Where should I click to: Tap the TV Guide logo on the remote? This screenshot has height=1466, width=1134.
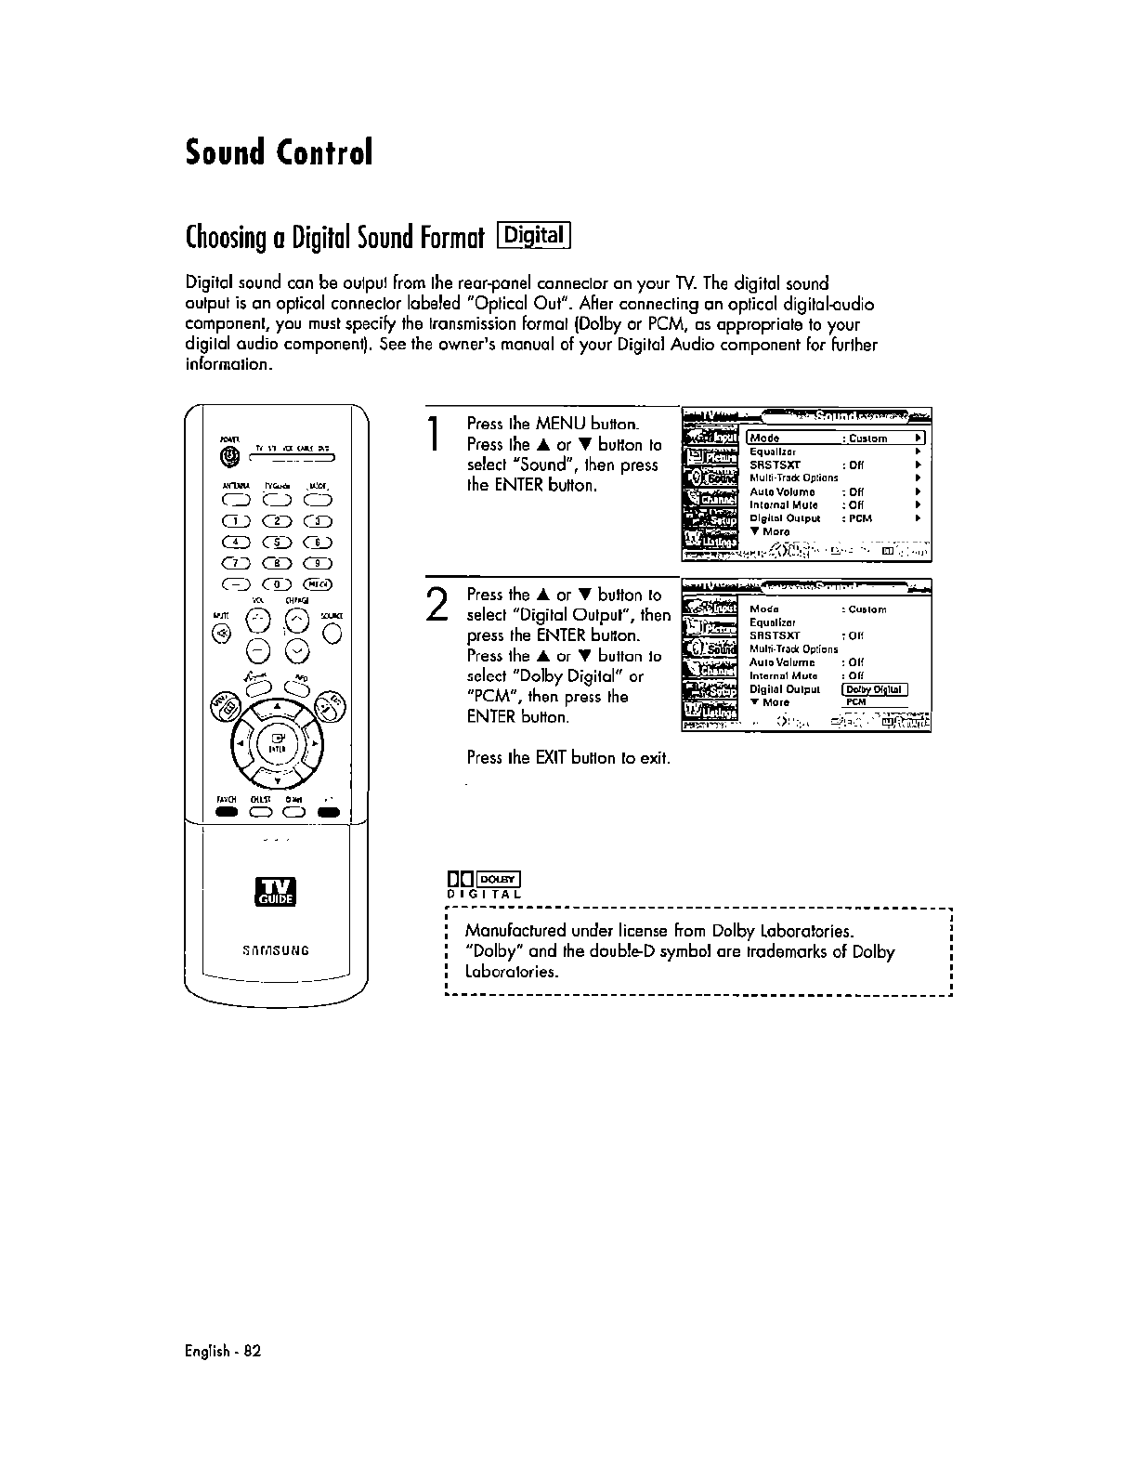coord(277,890)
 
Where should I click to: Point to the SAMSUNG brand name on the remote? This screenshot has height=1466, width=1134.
coord(277,950)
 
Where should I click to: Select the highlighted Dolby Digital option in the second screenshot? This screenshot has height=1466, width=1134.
coord(874,689)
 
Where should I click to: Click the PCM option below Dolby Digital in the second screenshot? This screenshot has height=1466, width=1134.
coord(855,702)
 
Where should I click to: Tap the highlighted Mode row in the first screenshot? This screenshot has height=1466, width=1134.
coord(836,438)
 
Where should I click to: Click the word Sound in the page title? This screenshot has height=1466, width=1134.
coord(225,152)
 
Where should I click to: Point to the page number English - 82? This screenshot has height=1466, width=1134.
coord(224,1351)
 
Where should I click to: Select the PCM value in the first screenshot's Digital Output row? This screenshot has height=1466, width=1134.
coord(861,518)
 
